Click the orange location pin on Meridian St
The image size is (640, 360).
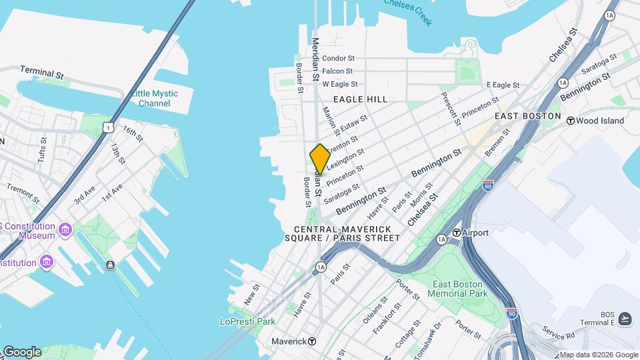point(320,159)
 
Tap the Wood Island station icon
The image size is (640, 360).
point(571,121)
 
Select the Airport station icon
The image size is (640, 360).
point(457,233)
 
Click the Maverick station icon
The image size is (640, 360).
point(312,341)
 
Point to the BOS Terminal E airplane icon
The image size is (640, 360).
point(625,319)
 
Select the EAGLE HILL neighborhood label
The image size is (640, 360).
point(360,99)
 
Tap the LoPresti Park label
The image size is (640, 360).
point(247,321)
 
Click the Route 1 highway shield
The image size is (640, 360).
point(107,127)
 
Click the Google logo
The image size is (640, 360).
point(21,351)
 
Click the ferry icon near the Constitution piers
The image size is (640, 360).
point(110,265)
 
